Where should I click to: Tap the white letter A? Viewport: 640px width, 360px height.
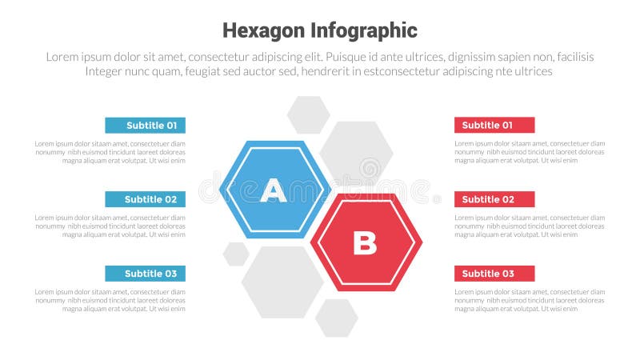274,190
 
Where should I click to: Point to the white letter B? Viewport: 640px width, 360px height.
365,242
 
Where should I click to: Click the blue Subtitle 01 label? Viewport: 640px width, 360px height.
145,125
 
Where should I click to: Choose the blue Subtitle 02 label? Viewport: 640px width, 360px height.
145,199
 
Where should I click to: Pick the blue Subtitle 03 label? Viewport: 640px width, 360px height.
145,274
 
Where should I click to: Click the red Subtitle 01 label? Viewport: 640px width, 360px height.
494,125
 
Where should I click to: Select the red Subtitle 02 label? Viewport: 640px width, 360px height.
494,199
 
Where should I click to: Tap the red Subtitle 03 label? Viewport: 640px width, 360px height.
494,274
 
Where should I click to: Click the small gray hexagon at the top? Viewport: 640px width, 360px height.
308,114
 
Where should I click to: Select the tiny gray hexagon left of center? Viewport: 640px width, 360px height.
236,254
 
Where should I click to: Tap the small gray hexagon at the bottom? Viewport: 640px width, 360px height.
336,318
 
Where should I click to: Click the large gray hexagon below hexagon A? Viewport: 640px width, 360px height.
282,282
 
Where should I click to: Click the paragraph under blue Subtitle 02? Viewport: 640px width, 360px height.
110,226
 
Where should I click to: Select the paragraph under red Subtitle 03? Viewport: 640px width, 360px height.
530,300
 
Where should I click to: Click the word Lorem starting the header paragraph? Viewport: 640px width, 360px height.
62,57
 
